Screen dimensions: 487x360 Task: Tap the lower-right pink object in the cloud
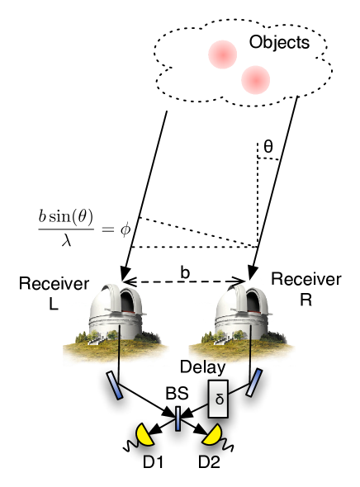click(x=256, y=79)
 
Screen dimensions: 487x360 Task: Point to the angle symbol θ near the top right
click(x=268, y=147)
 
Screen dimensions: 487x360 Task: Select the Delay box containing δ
click(x=219, y=399)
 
